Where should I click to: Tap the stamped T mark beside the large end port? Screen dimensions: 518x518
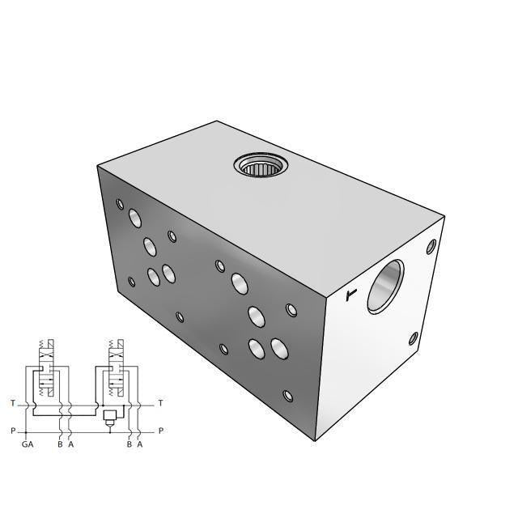350,295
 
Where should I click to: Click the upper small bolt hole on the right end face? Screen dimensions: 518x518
431,244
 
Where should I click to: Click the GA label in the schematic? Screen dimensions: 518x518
28,444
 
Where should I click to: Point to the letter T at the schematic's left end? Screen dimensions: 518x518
12,403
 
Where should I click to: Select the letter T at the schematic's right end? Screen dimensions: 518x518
160,403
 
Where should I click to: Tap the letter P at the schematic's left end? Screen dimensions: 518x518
12,431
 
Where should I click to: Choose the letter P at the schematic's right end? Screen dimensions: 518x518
160,431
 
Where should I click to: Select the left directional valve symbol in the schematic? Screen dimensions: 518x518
47,369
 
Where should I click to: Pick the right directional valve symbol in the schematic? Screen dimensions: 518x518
114,369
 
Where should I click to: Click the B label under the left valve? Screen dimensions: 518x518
60,444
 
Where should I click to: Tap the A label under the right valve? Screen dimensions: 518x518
140,444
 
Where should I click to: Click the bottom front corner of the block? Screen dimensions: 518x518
314,441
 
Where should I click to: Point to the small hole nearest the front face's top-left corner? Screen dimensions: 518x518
120,204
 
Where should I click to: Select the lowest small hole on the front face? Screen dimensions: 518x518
287,396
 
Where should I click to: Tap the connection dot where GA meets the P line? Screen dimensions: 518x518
28,431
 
